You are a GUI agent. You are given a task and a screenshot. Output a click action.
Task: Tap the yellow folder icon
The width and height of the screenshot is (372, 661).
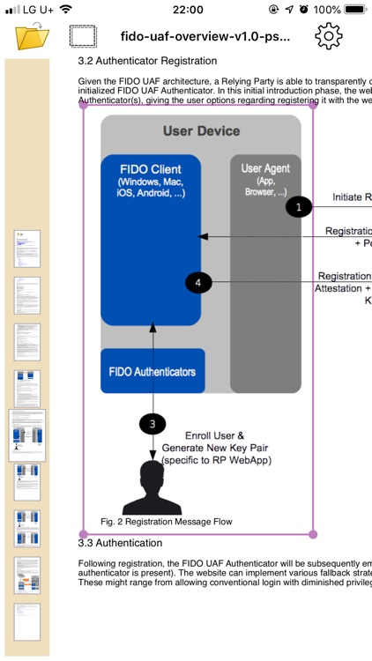[33, 37]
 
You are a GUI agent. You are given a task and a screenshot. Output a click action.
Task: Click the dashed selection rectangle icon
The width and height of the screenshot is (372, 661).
[83, 37]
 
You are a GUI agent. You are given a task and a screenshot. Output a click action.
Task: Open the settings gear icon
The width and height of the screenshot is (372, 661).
[329, 36]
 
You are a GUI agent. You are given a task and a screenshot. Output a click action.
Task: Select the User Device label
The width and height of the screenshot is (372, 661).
[201, 131]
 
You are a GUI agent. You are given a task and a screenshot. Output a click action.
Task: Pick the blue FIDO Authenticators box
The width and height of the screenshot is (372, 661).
[153, 371]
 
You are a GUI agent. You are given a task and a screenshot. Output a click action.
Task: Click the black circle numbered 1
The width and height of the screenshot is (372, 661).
[299, 206]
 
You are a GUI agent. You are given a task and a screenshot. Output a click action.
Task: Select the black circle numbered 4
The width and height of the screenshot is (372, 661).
[198, 282]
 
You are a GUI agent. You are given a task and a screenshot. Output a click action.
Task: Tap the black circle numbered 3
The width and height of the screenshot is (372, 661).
[153, 424]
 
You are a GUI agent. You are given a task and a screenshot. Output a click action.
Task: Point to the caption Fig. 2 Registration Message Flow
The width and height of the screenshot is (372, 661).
[167, 522]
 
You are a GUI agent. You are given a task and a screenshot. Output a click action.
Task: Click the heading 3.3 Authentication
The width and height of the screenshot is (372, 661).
[123, 543]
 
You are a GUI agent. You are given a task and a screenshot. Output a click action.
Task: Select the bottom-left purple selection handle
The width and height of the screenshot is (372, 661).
[83, 534]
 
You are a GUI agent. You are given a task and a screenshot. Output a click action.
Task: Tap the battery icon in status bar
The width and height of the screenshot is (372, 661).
[353, 10]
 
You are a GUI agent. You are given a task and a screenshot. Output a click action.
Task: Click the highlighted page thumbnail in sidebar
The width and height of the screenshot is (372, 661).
[27, 435]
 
